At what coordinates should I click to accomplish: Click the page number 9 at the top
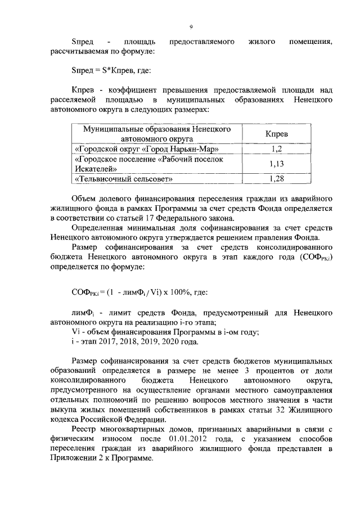click(191, 27)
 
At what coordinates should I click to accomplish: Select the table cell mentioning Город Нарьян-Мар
click(146, 149)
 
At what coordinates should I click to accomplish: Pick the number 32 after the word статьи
click(288, 411)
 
